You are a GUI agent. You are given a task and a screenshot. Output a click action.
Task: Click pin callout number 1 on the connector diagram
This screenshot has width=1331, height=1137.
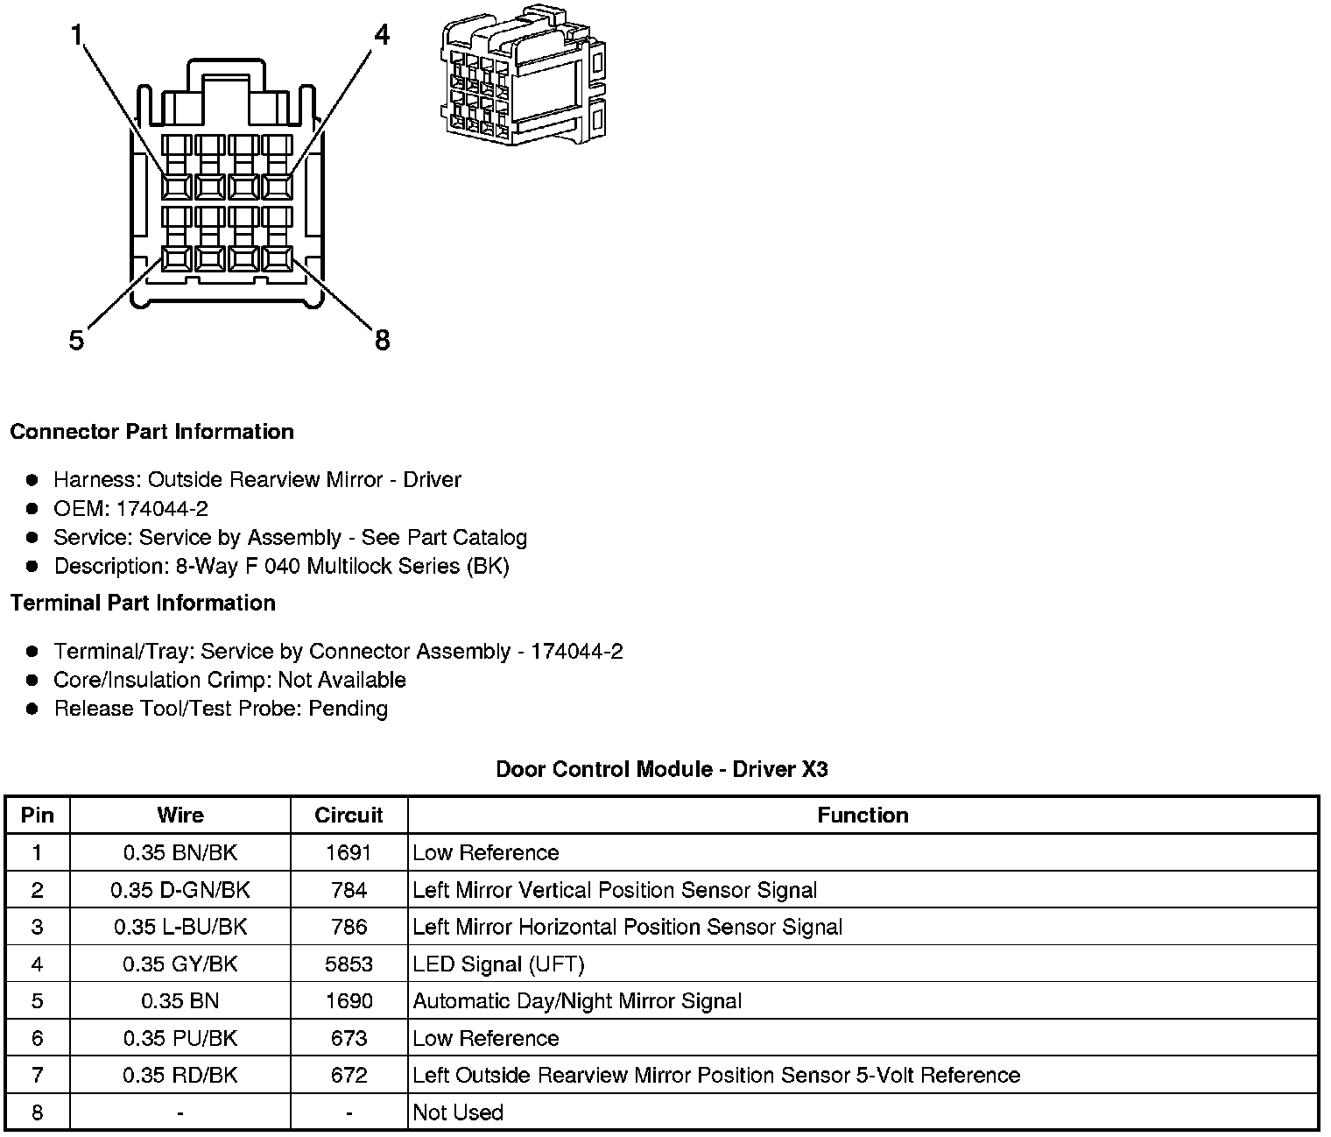[77, 36]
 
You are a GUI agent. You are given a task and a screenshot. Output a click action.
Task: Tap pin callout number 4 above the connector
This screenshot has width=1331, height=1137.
[381, 36]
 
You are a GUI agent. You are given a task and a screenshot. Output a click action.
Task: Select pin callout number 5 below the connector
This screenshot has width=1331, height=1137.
[77, 340]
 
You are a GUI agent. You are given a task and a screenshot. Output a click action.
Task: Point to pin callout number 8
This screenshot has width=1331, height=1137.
[382, 340]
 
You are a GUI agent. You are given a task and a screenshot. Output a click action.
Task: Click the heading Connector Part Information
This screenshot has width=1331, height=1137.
[151, 432]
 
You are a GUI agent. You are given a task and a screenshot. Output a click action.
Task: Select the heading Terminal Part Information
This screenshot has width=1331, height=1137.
[143, 604]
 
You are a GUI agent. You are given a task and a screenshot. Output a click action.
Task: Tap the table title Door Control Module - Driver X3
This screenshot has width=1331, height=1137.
[661, 769]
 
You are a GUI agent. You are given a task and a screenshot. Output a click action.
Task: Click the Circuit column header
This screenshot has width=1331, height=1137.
[349, 816]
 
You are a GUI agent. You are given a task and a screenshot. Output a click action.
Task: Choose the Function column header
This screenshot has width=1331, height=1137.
[863, 816]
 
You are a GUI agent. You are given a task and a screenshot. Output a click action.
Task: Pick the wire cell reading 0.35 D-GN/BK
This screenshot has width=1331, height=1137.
[180, 890]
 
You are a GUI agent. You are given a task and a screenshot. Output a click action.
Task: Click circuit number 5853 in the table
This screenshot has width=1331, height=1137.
[349, 964]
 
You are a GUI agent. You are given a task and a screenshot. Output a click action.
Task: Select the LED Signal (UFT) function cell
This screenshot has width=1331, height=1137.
[498, 964]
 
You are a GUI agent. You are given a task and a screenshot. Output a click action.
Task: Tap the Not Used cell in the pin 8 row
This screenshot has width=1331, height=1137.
[458, 1112]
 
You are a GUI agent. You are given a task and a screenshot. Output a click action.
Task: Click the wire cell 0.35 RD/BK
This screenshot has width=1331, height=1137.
[180, 1075]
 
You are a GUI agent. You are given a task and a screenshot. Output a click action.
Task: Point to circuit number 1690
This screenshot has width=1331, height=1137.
[349, 1001]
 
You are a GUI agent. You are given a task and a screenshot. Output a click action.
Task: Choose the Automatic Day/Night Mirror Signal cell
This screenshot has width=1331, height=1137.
[577, 1001]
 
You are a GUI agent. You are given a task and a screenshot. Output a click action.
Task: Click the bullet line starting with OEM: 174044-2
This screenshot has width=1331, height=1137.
[130, 509]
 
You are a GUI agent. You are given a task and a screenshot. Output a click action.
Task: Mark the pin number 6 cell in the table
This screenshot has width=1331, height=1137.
[37, 1038]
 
